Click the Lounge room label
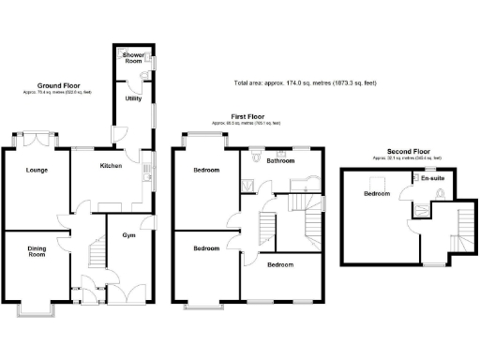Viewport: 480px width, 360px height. pos(37,170)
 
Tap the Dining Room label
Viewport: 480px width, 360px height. pos(37,251)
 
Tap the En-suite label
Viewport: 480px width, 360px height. pos(432,177)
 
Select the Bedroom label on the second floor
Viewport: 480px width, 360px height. pos(377,193)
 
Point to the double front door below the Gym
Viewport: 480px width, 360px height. pos(123,292)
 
